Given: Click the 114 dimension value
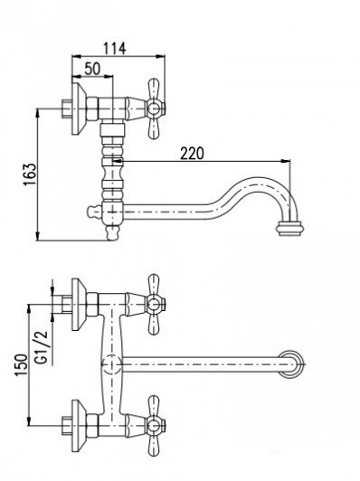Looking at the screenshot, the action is click(115, 49).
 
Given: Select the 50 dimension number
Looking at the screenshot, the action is click(92, 69).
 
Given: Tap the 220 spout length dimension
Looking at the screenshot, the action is click(192, 154).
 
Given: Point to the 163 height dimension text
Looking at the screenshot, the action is click(30, 174).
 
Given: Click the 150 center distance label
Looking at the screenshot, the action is click(22, 364).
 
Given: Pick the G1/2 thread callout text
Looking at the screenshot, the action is click(42, 347).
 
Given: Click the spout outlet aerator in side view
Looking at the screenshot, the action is click(290, 229).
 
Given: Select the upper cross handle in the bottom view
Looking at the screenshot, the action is click(155, 305).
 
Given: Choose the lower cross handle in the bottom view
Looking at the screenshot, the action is click(155, 425).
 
